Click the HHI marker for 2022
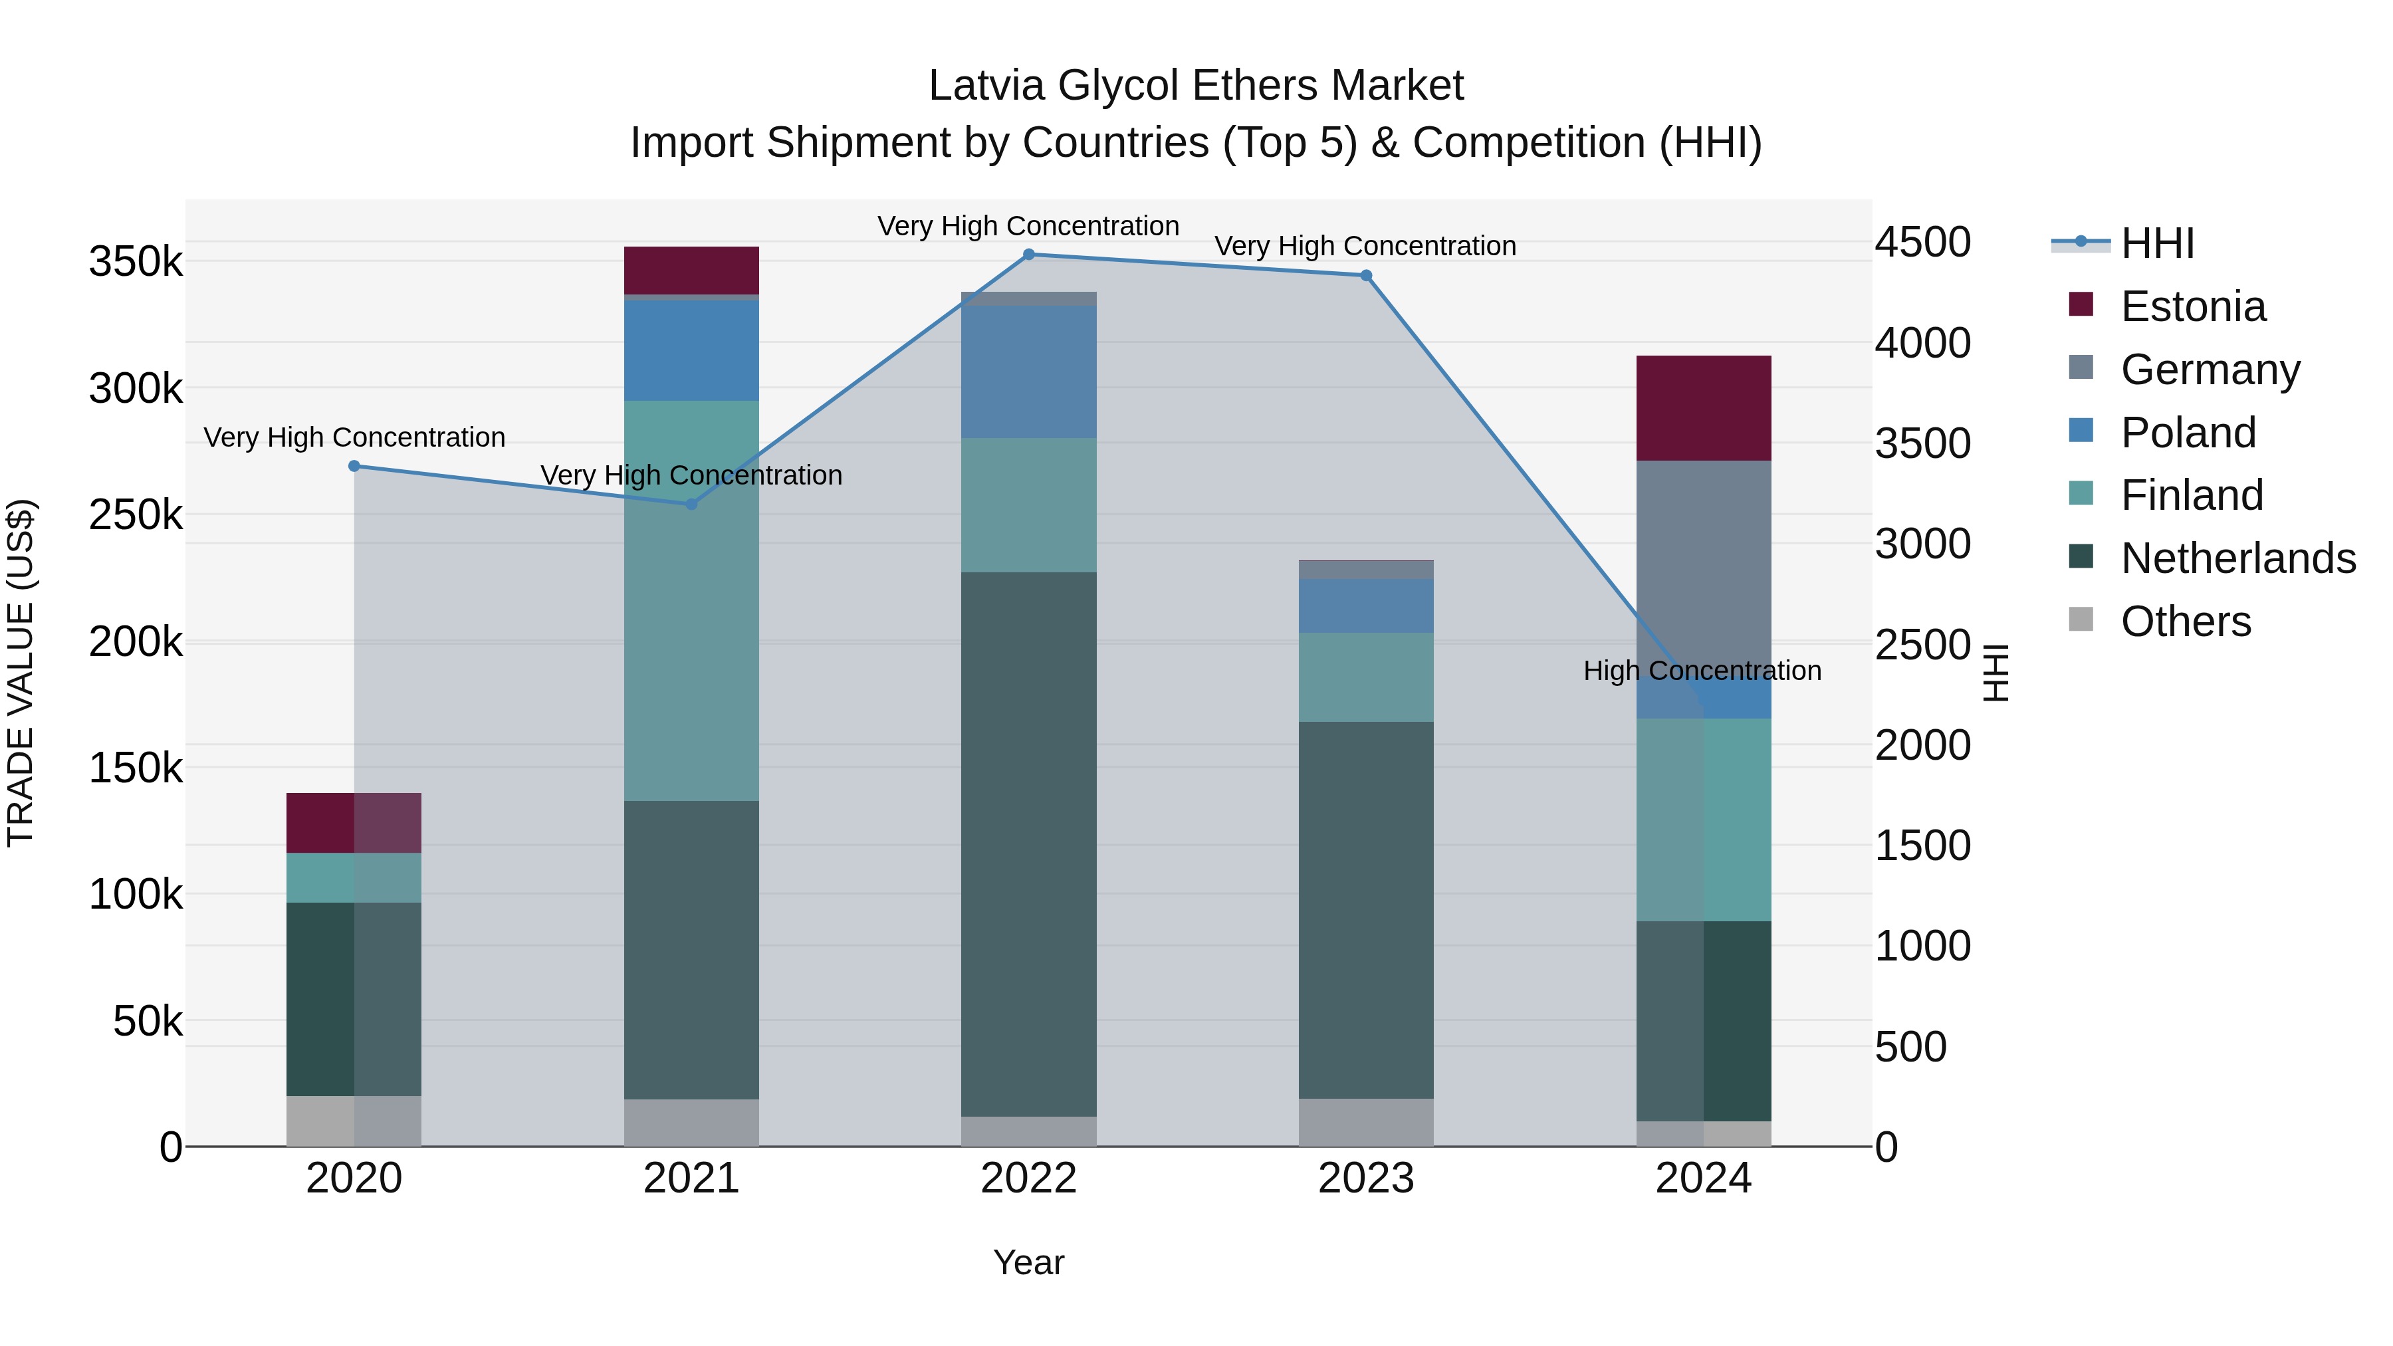(x=1028, y=255)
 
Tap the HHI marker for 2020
(x=354, y=467)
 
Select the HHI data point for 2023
(x=1365, y=276)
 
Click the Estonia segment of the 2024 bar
(x=1703, y=408)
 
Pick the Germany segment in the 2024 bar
(x=1703, y=558)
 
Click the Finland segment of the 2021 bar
(x=691, y=600)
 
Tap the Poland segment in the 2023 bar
(x=1365, y=606)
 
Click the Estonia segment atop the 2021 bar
(x=691, y=271)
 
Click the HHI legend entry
(x=2156, y=243)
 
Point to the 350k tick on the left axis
(x=136, y=262)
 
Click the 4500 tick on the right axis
(x=1922, y=243)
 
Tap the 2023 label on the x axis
(x=1365, y=1178)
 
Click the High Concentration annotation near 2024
(x=1702, y=671)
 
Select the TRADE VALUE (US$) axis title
(x=21, y=673)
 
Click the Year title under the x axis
(x=1028, y=1262)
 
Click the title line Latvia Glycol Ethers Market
(x=1196, y=86)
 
